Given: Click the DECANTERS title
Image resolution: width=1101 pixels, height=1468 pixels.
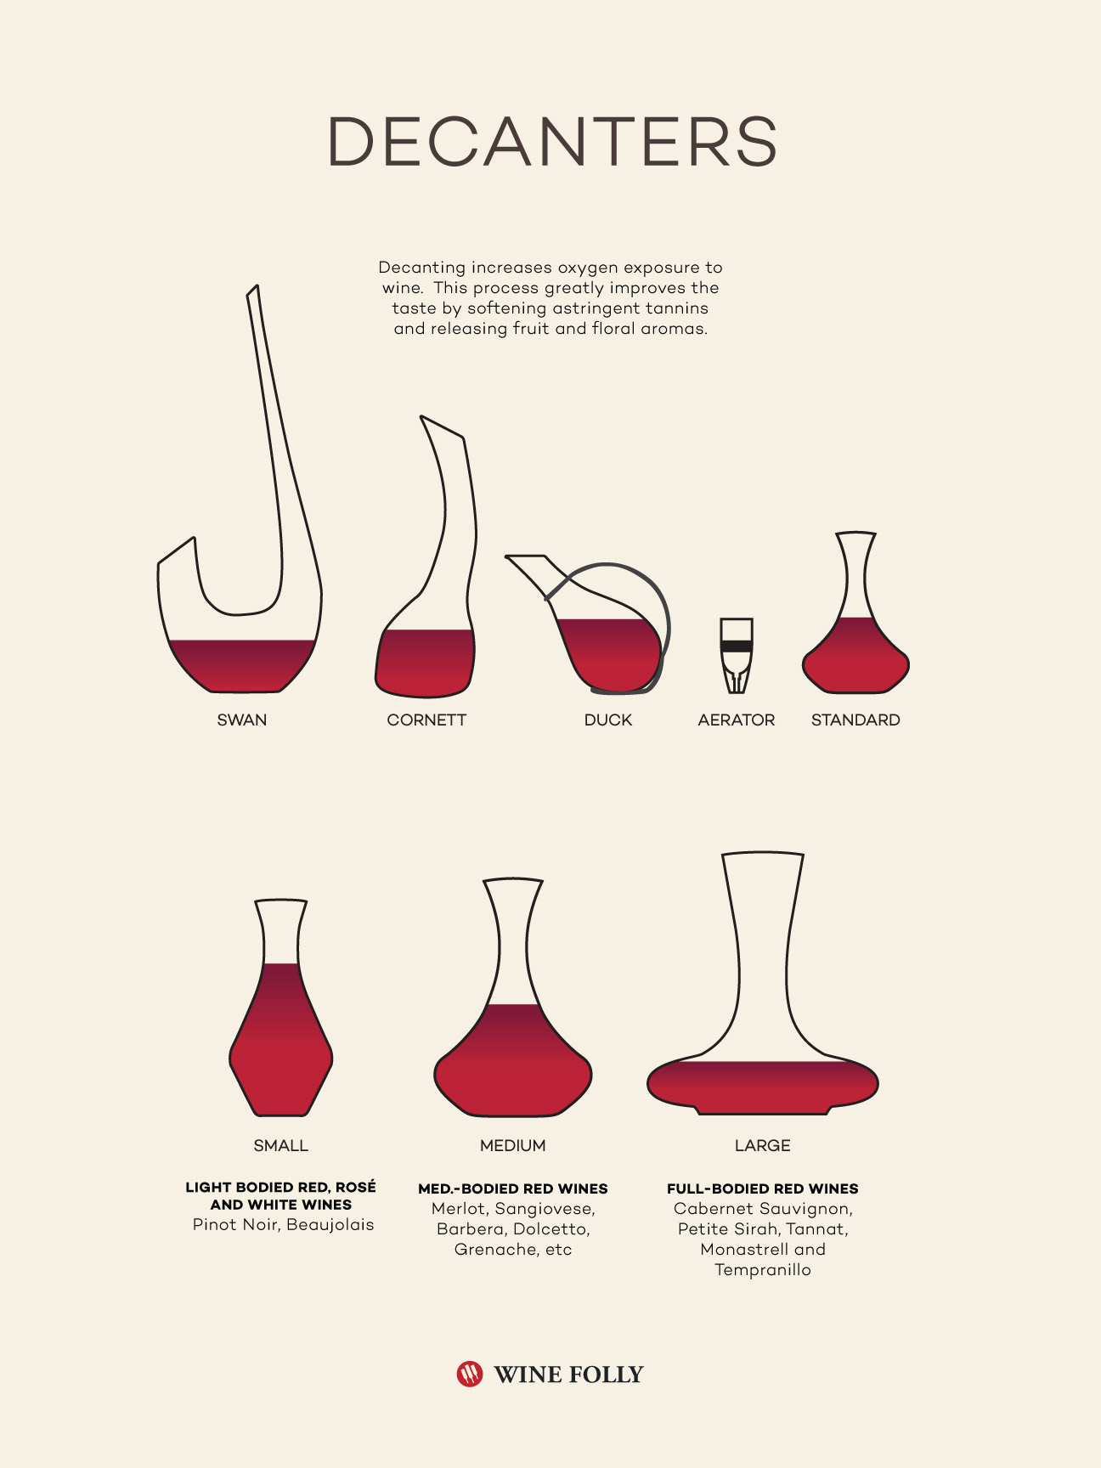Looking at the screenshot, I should tap(552, 141).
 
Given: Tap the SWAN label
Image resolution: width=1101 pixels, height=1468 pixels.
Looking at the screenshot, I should tap(242, 720).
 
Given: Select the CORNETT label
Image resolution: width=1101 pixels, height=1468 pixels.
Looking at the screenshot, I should tap(426, 720).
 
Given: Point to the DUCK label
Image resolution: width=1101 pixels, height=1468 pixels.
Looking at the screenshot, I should tap(608, 720).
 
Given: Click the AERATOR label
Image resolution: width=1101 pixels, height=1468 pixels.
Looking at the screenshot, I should tap(737, 720).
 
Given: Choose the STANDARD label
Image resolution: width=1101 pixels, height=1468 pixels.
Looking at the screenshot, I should tap(855, 720).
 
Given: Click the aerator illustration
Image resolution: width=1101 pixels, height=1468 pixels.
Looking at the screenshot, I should tap(737, 656).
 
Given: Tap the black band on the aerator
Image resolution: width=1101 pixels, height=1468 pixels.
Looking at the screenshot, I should tap(737, 646).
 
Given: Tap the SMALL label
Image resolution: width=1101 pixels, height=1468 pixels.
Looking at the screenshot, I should tap(280, 1146).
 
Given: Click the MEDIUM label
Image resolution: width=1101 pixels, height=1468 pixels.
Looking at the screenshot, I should tap(512, 1146).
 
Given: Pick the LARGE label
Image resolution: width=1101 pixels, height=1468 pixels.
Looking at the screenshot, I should tap(763, 1146).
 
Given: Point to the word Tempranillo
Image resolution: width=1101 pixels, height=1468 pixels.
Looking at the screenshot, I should tap(763, 1270).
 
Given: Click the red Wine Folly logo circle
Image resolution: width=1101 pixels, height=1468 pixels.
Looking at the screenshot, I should tap(470, 1374).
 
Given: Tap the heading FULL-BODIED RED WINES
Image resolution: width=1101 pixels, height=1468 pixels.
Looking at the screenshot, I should tap(763, 1189).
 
